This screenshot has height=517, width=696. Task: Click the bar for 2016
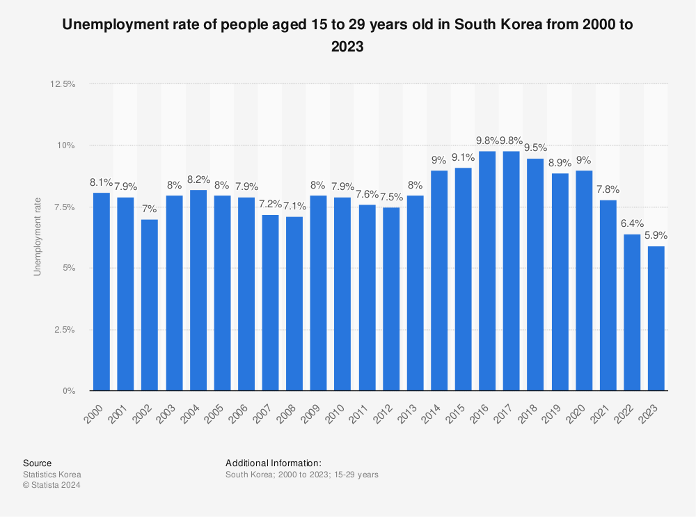tap(487, 271)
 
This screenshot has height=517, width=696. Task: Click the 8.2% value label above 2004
tap(198, 180)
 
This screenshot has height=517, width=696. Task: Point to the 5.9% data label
tap(656, 236)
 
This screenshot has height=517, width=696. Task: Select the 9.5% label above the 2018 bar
tap(535, 148)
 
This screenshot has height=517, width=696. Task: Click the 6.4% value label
tap(632, 224)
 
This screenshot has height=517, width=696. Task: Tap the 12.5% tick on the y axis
tap(62, 84)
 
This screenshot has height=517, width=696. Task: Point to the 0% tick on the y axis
tap(68, 391)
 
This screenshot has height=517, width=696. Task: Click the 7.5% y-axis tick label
tap(65, 207)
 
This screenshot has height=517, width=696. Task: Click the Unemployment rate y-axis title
tap(38, 237)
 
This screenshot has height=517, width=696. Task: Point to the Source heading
tap(37, 463)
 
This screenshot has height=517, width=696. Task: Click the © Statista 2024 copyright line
tap(52, 485)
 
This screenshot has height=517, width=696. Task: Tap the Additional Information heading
tap(273, 463)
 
